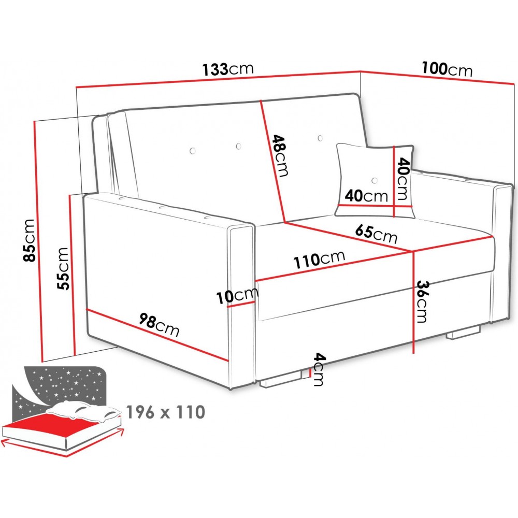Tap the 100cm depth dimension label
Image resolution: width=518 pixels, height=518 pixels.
pos(447,69)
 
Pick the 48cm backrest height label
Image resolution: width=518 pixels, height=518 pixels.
pos(280,156)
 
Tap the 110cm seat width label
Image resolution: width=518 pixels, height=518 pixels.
pos(320,261)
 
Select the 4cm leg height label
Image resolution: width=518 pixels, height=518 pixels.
pos(319,369)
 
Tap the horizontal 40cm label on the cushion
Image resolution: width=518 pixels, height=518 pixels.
pos(366,196)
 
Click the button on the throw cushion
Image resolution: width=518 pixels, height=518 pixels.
pos(375,180)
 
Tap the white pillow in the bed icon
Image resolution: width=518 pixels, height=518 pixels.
pos(83,411)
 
